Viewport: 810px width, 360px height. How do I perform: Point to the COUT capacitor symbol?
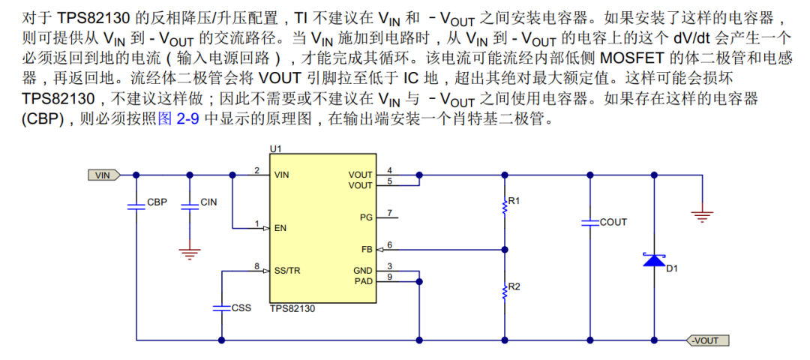589,223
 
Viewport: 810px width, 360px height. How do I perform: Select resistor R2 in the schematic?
505,290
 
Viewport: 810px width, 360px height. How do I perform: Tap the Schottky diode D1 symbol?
655,261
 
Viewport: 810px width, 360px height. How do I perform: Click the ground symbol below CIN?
190,253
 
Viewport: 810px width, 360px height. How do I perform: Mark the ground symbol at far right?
702,216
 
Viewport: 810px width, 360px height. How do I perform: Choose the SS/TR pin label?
288,270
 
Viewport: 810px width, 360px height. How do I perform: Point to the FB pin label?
366,249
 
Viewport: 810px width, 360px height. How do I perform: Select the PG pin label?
365,217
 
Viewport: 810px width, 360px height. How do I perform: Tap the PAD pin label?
363,281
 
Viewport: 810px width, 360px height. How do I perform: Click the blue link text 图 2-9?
178,119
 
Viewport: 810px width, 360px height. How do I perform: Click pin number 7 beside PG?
389,214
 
